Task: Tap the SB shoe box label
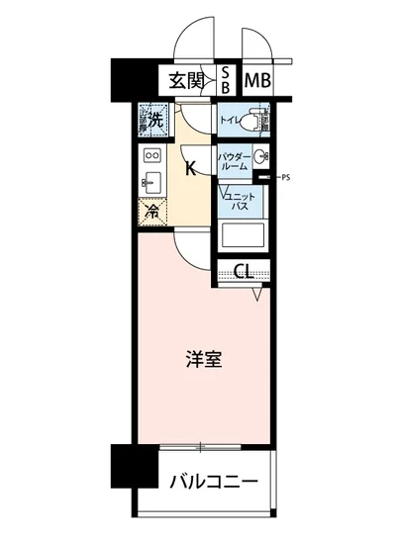tap(226, 79)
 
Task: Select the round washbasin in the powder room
tap(259, 158)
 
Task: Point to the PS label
tap(286, 178)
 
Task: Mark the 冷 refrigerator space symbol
tap(152, 210)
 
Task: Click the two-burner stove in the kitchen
tap(152, 155)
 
